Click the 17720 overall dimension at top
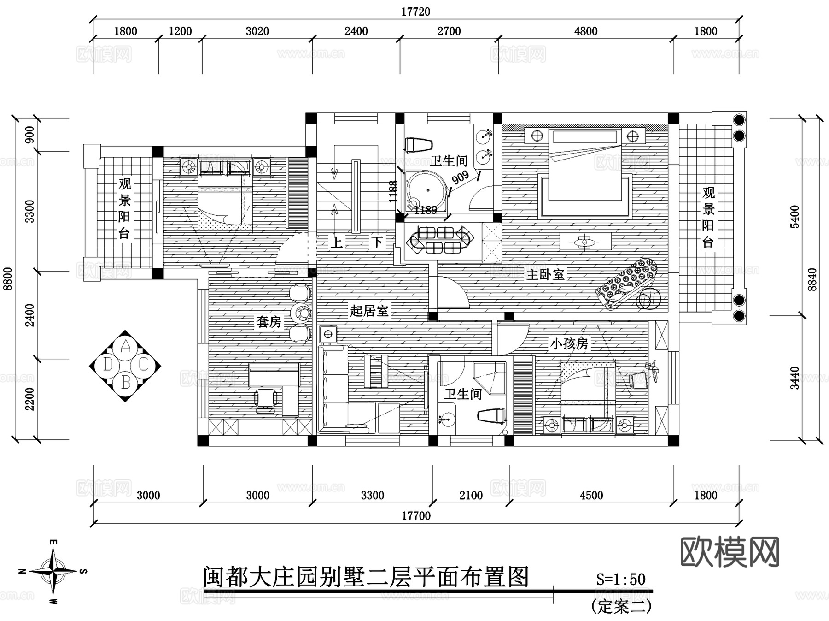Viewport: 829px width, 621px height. tap(415, 12)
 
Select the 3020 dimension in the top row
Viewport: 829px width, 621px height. tap(257, 31)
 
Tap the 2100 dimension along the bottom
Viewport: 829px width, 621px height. tap(471, 496)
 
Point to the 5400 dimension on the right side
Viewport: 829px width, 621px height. tap(794, 217)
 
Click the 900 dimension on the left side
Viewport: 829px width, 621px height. tap(29, 135)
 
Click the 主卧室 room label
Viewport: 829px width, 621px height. tap(545, 275)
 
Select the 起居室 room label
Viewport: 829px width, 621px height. tap(369, 311)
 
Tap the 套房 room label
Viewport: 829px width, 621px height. tap(269, 322)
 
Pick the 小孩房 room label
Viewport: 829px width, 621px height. tap(569, 344)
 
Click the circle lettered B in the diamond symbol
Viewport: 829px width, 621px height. tap(125, 383)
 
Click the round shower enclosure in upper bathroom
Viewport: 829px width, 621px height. tap(427, 190)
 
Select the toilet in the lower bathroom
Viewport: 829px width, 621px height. tap(492, 415)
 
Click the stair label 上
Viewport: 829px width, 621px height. tap(336, 242)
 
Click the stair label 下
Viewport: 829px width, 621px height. tap(377, 242)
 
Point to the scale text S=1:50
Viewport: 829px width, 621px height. tap(620, 579)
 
